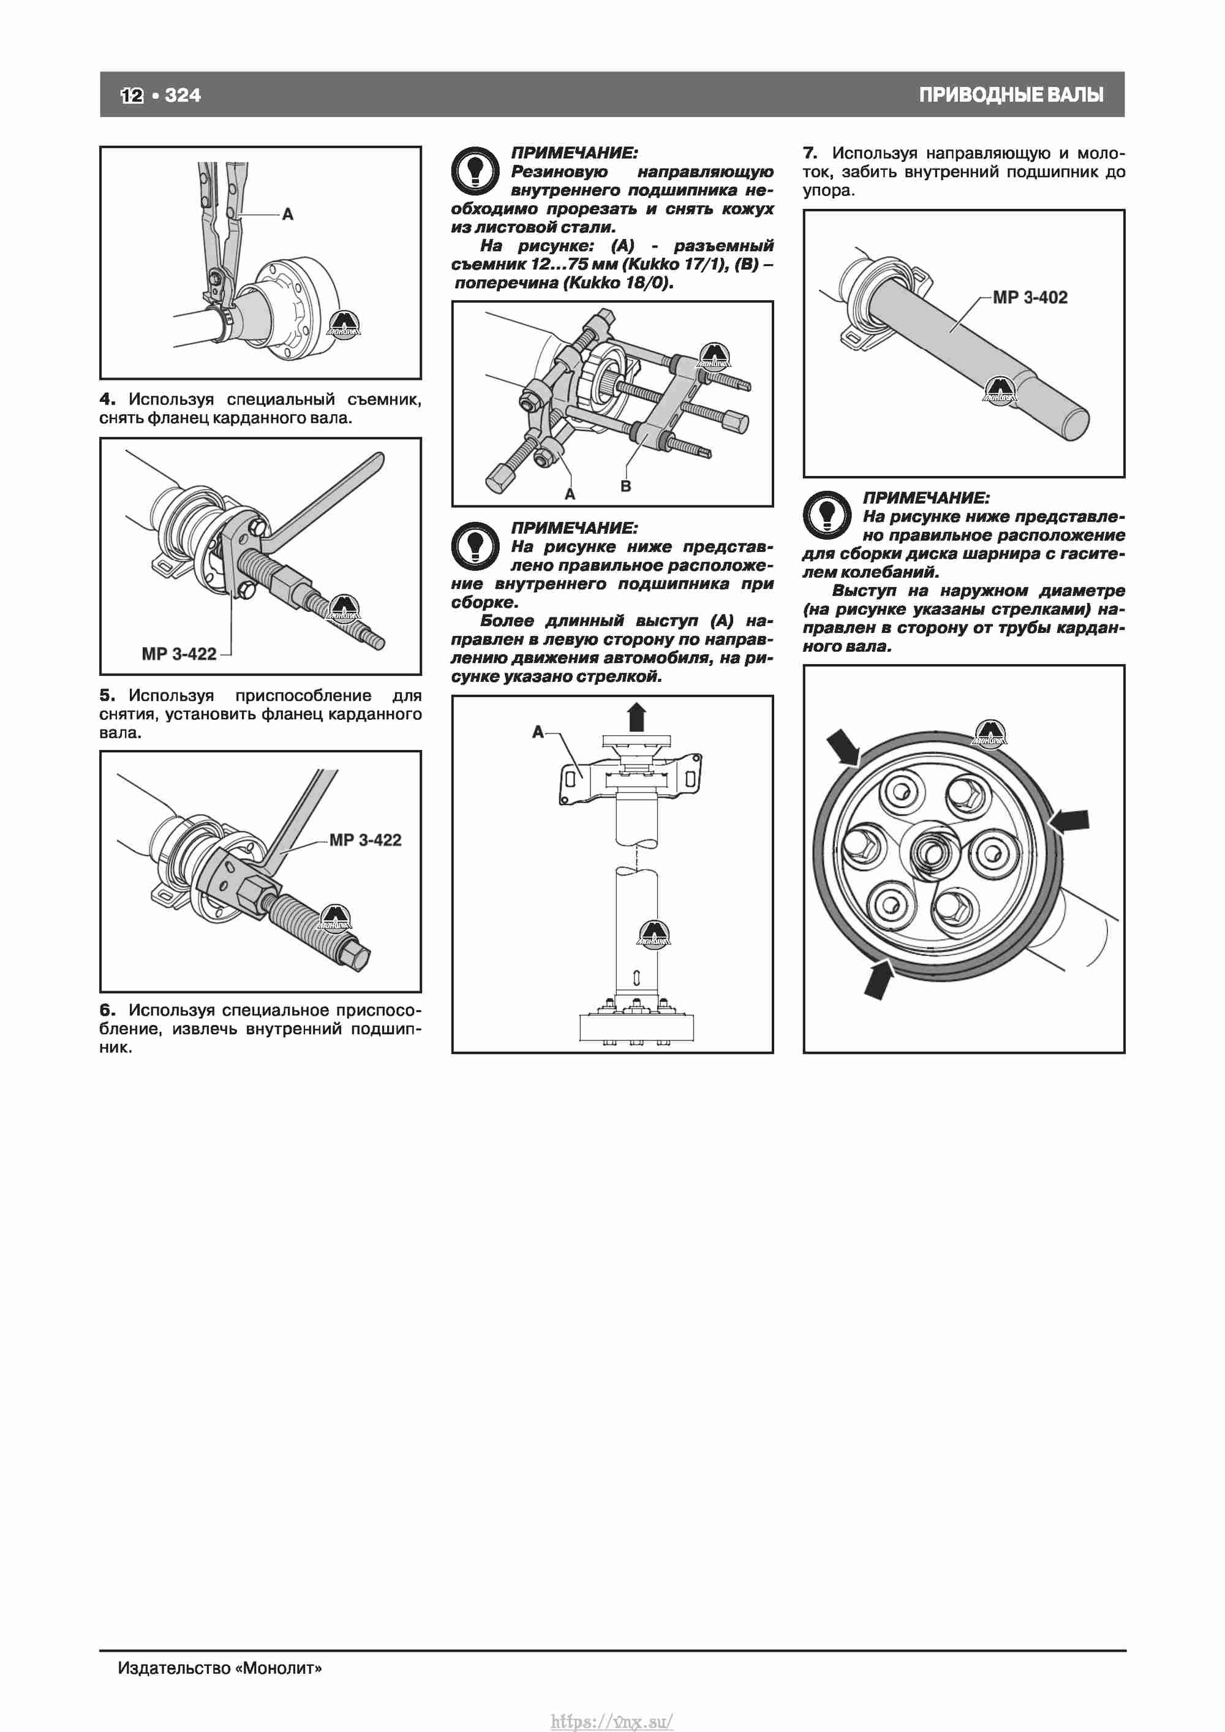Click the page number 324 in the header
183,95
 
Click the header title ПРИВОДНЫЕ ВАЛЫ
1011,95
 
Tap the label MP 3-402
1030,297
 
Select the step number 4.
107,399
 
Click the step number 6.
107,1010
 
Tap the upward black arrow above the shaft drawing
636,717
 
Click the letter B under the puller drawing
625,486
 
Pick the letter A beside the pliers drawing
287,215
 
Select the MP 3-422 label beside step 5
179,654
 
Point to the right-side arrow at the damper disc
1069,822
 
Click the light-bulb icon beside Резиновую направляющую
475,170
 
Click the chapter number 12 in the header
131,95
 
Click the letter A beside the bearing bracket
538,732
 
